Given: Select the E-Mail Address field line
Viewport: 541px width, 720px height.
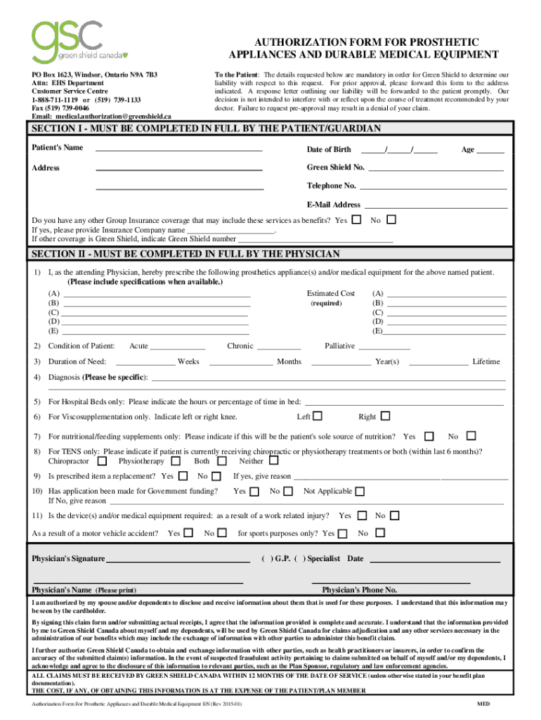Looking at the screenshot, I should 435,206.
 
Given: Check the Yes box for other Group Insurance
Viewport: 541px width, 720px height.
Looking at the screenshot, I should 356,220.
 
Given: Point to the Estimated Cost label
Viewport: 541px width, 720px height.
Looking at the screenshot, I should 331,293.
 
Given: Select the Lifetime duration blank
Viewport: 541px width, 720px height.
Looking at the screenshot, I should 438,363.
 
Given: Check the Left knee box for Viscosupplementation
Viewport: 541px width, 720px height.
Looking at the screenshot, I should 318,416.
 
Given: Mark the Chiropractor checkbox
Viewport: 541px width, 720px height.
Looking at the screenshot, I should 103,461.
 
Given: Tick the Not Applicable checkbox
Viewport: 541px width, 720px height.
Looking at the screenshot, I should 360,491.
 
